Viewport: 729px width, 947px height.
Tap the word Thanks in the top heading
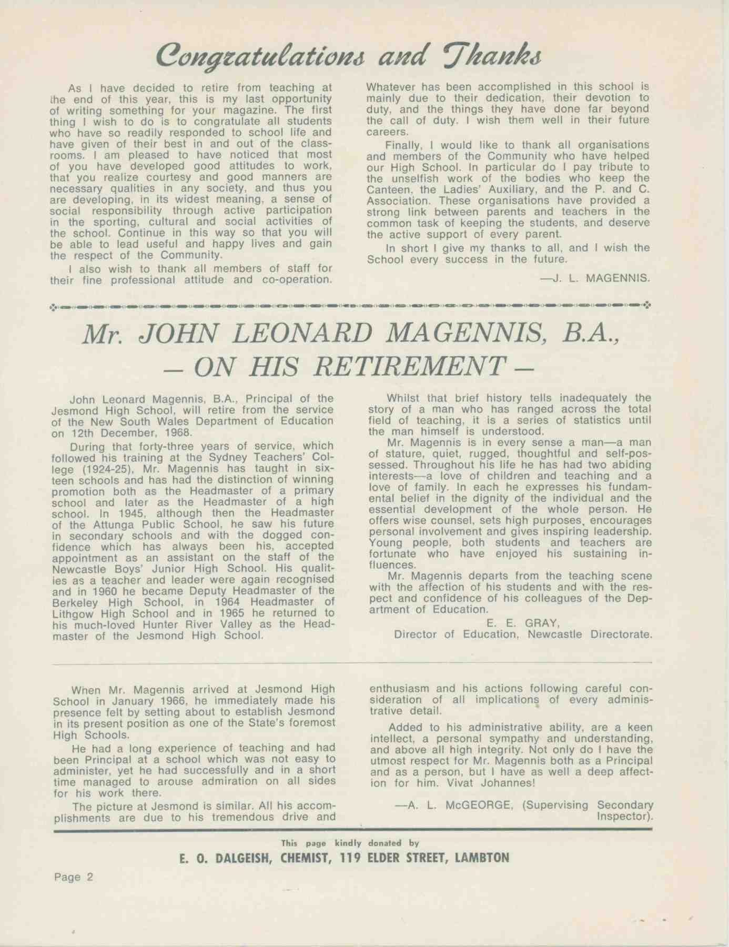coord(489,56)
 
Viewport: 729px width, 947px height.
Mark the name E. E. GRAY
coord(518,623)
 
